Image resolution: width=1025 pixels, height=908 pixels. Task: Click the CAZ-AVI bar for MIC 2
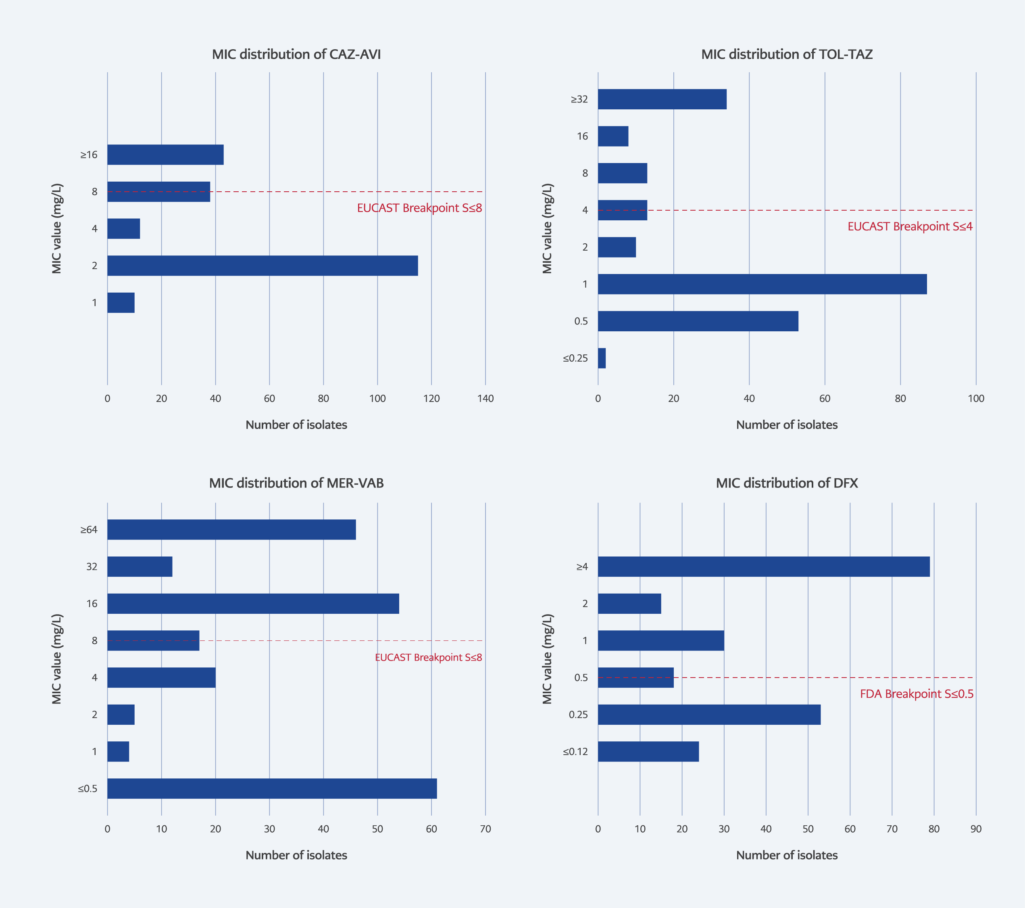262,266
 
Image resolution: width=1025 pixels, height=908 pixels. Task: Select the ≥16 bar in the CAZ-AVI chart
165,155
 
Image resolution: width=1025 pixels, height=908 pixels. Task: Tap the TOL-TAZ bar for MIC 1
762,284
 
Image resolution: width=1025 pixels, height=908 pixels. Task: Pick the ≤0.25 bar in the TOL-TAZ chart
602,358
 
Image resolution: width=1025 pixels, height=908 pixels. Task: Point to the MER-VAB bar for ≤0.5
272,789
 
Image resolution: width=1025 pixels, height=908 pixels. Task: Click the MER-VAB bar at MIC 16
253,603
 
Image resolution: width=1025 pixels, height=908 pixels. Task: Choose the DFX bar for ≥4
763,567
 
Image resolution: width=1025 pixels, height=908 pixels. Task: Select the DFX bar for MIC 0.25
709,715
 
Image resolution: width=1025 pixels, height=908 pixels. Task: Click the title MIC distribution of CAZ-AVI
296,54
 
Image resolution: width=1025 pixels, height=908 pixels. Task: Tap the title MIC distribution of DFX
787,483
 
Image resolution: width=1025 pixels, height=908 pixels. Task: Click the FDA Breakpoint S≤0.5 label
917,694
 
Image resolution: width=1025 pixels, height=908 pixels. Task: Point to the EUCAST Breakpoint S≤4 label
910,226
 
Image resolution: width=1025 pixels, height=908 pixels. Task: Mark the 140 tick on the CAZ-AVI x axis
485,399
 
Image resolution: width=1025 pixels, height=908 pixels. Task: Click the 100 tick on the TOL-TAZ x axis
976,399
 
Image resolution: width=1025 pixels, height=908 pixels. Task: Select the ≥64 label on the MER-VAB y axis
89,529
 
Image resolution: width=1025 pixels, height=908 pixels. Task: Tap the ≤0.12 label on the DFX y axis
575,751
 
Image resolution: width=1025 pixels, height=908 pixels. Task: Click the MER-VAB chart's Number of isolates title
296,855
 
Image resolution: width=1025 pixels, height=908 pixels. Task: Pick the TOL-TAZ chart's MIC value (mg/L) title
547,228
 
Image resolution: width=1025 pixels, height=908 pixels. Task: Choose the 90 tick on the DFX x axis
976,828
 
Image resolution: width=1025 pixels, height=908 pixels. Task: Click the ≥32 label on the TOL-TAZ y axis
579,99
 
